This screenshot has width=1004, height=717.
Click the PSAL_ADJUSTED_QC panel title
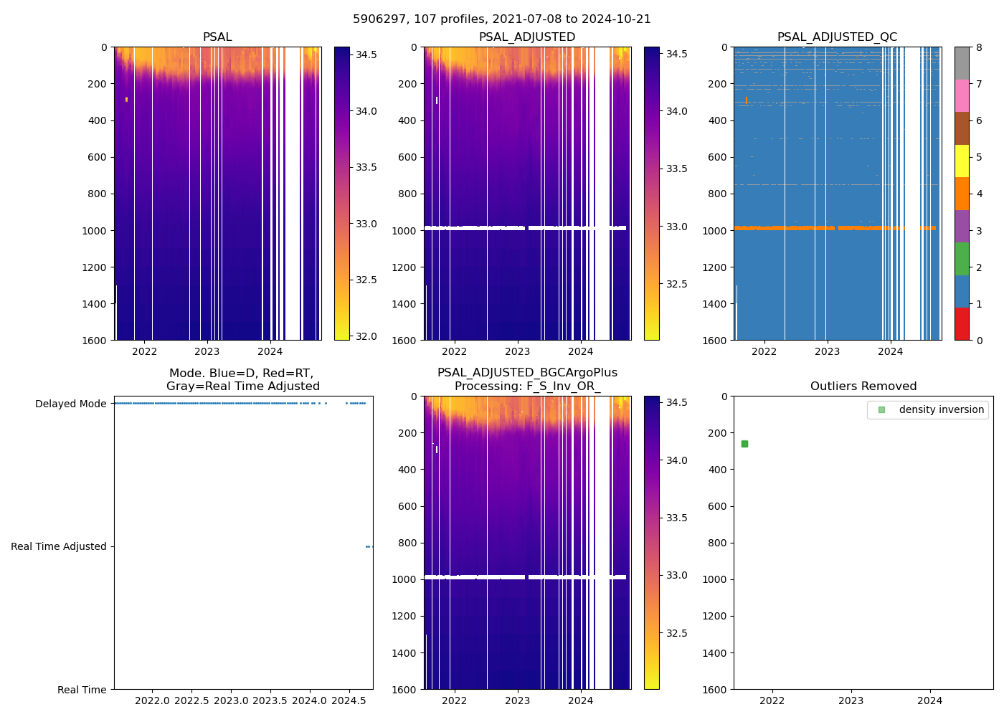(x=837, y=37)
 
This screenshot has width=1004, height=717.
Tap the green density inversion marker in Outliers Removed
(x=744, y=444)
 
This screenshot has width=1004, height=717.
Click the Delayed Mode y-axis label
(x=71, y=404)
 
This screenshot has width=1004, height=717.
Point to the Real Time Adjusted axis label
(x=59, y=546)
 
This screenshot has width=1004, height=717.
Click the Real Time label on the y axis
(x=82, y=690)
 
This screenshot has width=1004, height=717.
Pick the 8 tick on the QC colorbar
(x=979, y=47)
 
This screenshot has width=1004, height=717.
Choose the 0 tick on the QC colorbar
(x=979, y=340)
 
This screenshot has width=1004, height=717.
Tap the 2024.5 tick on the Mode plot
(x=349, y=700)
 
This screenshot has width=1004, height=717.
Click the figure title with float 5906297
(x=502, y=19)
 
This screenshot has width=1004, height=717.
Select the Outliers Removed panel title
(x=863, y=386)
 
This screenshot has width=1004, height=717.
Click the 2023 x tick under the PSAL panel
(x=207, y=351)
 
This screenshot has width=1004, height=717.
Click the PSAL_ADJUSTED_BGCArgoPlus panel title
(x=527, y=379)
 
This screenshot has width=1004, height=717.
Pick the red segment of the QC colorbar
(x=962, y=324)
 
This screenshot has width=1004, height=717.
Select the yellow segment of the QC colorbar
(x=962, y=161)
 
